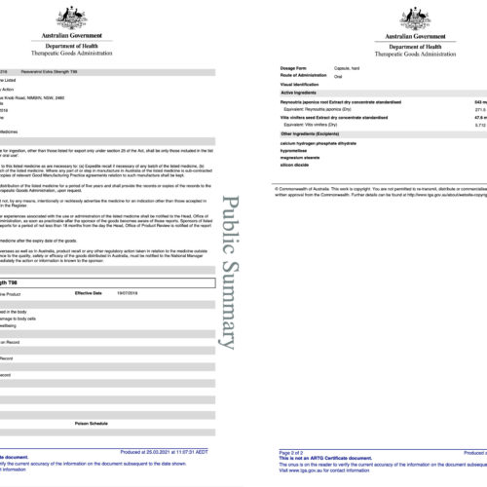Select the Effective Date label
tap(90, 293)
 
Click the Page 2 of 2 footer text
tap(292, 453)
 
